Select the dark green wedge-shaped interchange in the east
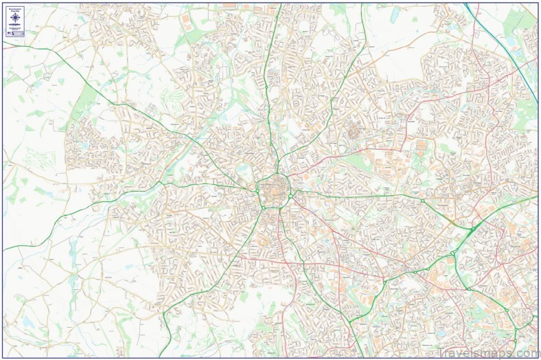[472, 227]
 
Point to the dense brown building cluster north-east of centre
[354, 130]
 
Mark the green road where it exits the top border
[278, 5]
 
